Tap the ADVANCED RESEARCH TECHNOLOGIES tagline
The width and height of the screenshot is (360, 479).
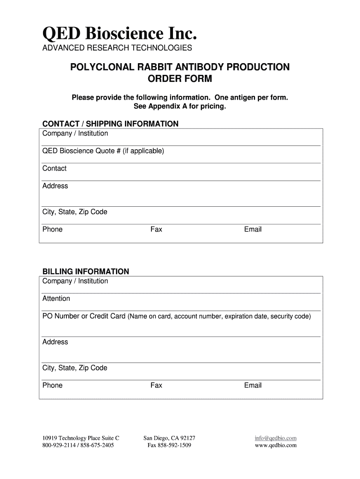click(x=117, y=48)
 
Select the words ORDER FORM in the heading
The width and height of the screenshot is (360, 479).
click(x=180, y=79)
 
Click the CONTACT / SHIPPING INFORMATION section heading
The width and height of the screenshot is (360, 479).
click(x=110, y=123)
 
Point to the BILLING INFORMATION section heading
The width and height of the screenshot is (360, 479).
click(x=86, y=271)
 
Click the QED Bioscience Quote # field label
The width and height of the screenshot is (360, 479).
click(x=103, y=151)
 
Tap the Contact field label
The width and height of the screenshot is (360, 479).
click(x=55, y=168)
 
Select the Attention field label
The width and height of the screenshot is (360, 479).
click(x=56, y=298)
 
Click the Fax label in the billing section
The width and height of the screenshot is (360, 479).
click(x=156, y=385)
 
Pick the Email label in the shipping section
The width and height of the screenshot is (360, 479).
click(x=252, y=229)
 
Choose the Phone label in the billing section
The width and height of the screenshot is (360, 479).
click(x=52, y=385)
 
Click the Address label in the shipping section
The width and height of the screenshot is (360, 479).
click(x=55, y=186)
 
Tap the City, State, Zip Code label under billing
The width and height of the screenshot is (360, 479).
click(x=75, y=368)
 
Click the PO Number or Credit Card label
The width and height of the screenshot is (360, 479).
click(x=84, y=316)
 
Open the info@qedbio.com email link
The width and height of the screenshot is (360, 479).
click(x=276, y=438)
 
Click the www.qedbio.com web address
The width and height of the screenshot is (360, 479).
click(x=276, y=445)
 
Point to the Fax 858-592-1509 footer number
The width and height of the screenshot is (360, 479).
click(x=169, y=445)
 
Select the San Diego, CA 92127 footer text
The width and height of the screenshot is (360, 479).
click(x=169, y=438)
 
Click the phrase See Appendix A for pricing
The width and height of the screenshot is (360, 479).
click(x=180, y=106)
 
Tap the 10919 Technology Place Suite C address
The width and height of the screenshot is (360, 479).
click(x=81, y=438)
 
